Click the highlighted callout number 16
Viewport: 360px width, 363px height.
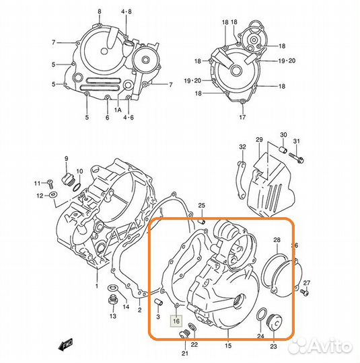coord(176,321)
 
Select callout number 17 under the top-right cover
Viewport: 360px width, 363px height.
coord(243,118)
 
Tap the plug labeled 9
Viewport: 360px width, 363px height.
coord(67,179)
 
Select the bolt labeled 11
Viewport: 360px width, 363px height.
coord(49,183)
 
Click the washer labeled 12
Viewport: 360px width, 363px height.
coord(53,195)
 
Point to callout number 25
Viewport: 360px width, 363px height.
coord(201,205)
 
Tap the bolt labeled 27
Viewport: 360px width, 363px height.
coord(308,293)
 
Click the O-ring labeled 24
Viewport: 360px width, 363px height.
coord(260,314)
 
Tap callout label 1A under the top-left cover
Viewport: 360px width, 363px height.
coord(117,109)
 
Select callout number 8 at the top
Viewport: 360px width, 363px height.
coord(99,12)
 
